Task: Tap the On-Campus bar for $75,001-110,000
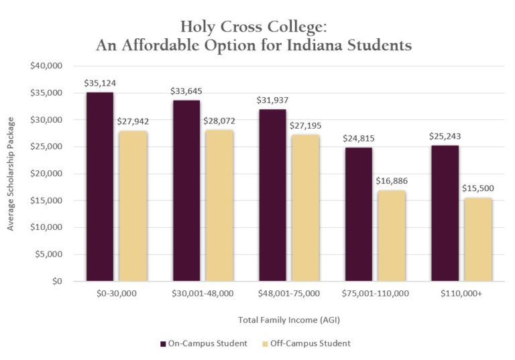[x=358, y=214]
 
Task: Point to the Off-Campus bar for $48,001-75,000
[x=305, y=208]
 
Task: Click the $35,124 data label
[x=99, y=84]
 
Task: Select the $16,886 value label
[x=392, y=181]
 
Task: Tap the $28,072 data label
[x=219, y=122]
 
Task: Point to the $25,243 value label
[x=445, y=136]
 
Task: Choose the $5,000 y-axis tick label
[x=49, y=254]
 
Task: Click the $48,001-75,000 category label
[x=288, y=294]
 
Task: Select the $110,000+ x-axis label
[x=461, y=294]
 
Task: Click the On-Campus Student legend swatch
[x=163, y=343]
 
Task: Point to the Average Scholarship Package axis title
[x=11, y=174]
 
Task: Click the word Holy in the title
[x=201, y=26]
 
